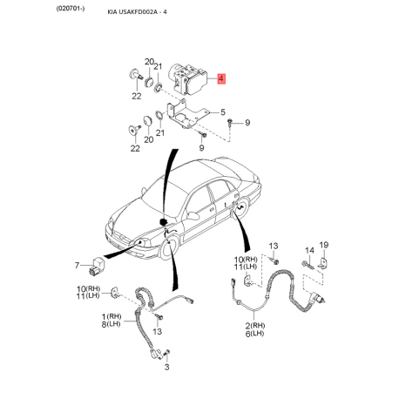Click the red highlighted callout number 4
221,78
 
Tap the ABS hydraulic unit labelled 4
188,78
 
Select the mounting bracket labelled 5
186,114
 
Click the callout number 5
223,112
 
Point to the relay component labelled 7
97,266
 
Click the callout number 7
77,266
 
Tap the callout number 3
166,367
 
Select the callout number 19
324,245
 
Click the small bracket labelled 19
324,262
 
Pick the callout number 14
309,250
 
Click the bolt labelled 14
308,265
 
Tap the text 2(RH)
255,326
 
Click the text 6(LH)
254,334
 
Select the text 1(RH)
112,316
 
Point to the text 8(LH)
111,324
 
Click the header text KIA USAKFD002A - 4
137,12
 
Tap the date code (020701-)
71,9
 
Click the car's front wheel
170,248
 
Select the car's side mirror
193,216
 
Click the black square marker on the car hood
164,222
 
